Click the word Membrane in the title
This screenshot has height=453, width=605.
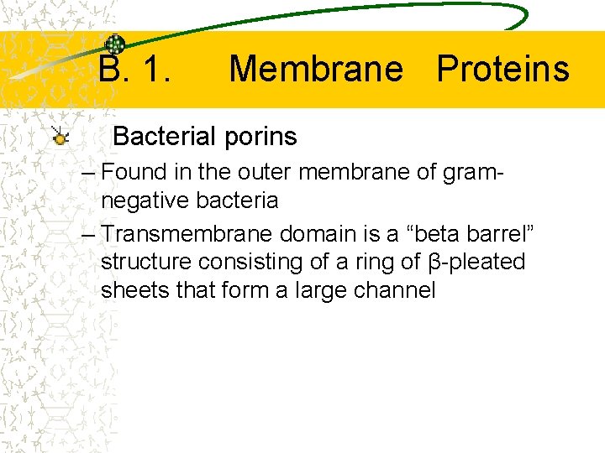pyautogui.click(x=315, y=69)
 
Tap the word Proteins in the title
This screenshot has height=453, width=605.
pyautogui.click(x=502, y=69)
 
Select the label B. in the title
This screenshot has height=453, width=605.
pyautogui.click(x=114, y=69)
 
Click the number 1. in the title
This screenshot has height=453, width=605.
pyautogui.click(x=156, y=69)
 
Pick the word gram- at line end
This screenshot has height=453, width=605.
pyautogui.click(x=473, y=174)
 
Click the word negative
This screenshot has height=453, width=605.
pyautogui.click(x=145, y=201)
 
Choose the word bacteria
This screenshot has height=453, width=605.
pyautogui.click(x=236, y=201)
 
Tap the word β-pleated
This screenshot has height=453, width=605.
pyautogui.click(x=476, y=262)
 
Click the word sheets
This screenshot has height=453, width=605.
pyautogui.click(x=130, y=290)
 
